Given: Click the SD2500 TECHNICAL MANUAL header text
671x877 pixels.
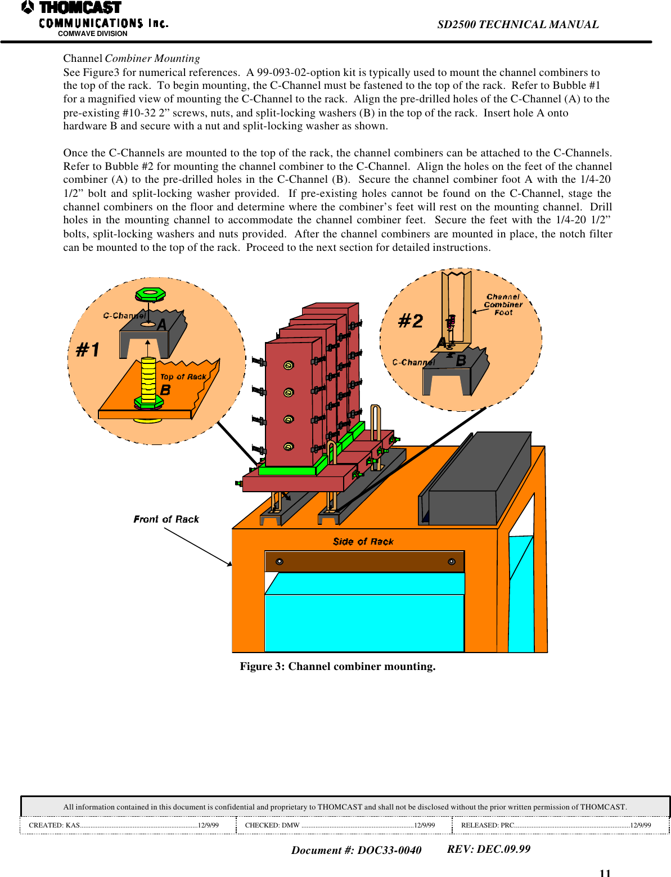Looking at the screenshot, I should click(517, 24).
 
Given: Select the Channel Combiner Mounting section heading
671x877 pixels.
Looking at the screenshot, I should click(131, 59).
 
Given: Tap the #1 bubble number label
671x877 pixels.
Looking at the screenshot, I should click(88, 350).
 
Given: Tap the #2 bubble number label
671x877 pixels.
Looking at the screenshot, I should click(411, 321).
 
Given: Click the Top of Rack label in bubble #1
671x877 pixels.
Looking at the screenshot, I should click(183, 377).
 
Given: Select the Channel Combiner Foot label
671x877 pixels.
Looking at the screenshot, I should click(503, 304).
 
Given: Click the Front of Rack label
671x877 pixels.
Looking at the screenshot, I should click(166, 519).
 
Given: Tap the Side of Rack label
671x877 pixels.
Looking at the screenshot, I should click(363, 542).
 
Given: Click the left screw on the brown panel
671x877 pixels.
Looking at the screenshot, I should click(280, 561).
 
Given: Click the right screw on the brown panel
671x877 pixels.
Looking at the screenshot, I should click(451, 561).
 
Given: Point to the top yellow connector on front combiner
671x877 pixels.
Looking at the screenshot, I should click(289, 365).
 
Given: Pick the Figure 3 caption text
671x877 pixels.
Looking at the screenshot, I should click(337, 666).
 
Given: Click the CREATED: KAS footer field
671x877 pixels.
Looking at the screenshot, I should click(124, 825).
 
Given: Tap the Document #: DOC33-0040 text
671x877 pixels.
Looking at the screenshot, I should click(356, 850).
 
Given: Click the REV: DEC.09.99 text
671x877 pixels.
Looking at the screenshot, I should click(488, 849).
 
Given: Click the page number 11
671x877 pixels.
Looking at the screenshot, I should click(605, 872).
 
